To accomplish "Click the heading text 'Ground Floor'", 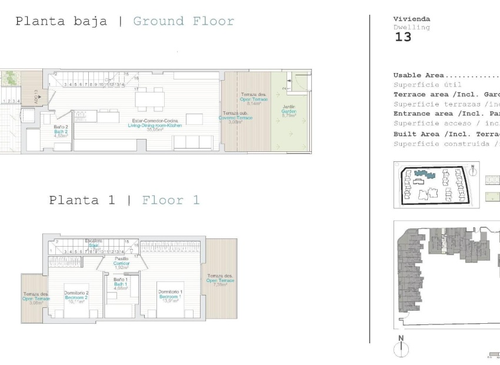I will click(x=184, y=22).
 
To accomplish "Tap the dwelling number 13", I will click(x=403, y=37).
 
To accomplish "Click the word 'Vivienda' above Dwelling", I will click(x=411, y=19).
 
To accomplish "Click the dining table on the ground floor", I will click(x=149, y=98).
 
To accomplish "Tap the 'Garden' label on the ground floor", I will click(x=288, y=111).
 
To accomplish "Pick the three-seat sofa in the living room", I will click(x=194, y=142).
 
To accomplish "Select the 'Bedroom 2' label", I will click(x=76, y=297).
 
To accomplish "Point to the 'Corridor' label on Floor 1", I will click(x=121, y=263).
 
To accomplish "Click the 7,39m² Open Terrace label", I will click(x=221, y=280).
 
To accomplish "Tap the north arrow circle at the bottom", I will click(x=401, y=350).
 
